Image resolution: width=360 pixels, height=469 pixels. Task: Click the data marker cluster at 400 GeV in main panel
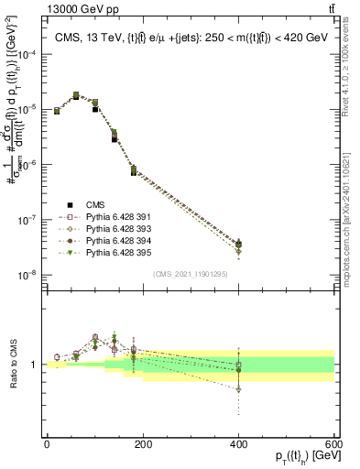pos(239,245)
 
